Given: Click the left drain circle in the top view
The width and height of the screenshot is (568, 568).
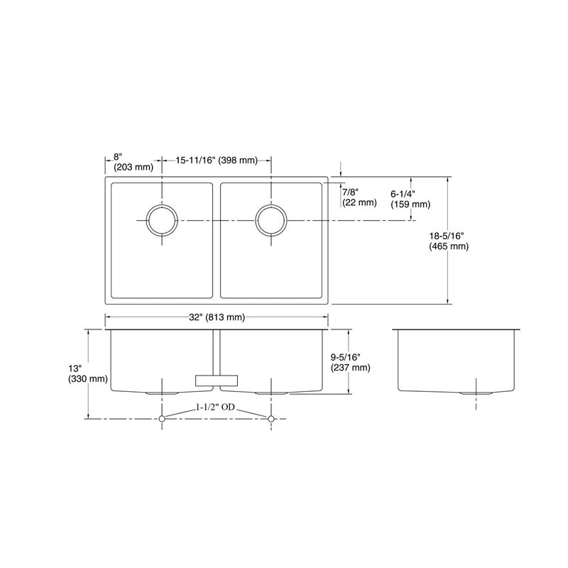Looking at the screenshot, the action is click(x=146, y=220).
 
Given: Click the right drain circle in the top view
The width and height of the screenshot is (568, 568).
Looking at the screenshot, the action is click(x=256, y=220).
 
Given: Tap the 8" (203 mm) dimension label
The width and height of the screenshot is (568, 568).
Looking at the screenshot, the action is click(x=133, y=162).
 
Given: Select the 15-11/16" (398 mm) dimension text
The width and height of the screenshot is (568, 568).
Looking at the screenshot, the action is click(x=217, y=160).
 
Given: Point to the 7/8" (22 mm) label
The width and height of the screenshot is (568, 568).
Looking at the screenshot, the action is click(x=360, y=197).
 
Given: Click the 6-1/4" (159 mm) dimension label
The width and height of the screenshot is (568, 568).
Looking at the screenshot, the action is click(x=410, y=200).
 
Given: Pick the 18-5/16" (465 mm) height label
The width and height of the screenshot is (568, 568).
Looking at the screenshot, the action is click(x=449, y=241).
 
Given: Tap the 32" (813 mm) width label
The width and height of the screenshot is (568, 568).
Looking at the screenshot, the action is click(x=217, y=317).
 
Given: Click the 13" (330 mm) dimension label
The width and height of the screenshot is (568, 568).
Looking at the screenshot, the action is click(x=88, y=374).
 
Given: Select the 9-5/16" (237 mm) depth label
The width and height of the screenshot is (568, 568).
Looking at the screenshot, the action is click(x=350, y=363).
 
